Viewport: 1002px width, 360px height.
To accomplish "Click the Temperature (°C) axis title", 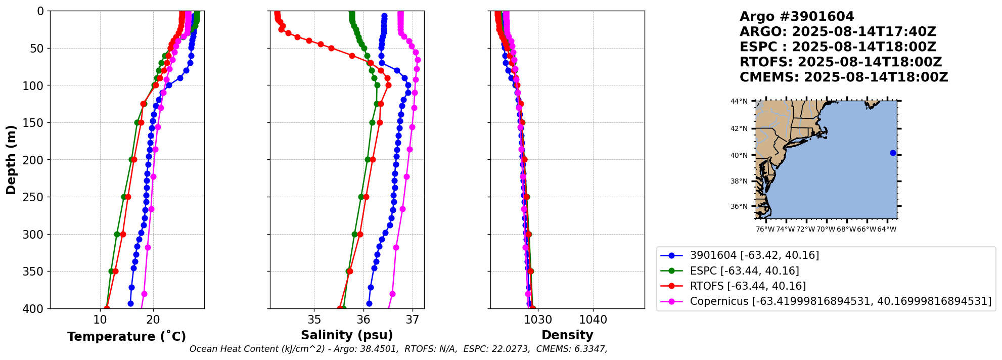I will click(126, 336).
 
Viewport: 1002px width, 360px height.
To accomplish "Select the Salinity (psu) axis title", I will click(347, 335).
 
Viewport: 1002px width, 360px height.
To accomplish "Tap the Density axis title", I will click(567, 335).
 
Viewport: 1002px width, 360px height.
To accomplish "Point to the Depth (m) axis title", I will click(11, 160).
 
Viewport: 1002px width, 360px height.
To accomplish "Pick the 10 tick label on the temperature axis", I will click(100, 320).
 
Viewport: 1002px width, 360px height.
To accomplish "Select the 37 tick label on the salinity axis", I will click(413, 320).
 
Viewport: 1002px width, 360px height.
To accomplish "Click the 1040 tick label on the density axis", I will click(593, 320).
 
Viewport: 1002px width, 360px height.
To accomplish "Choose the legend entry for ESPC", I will click(744, 271).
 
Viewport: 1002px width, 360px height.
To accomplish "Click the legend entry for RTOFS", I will click(748, 286).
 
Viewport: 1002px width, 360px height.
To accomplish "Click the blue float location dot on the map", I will click(893, 153).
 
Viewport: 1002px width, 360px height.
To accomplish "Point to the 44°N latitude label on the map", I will click(739, 102).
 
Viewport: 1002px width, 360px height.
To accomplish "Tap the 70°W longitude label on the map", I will click(826, 230).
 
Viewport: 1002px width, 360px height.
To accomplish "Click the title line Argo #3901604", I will click(797, 17).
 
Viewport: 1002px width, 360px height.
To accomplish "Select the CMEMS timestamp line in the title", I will click(843, 77).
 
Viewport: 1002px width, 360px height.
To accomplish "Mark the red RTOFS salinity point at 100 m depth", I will click(388, 85).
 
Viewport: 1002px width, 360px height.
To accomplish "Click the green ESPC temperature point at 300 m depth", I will click(117, 234).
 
